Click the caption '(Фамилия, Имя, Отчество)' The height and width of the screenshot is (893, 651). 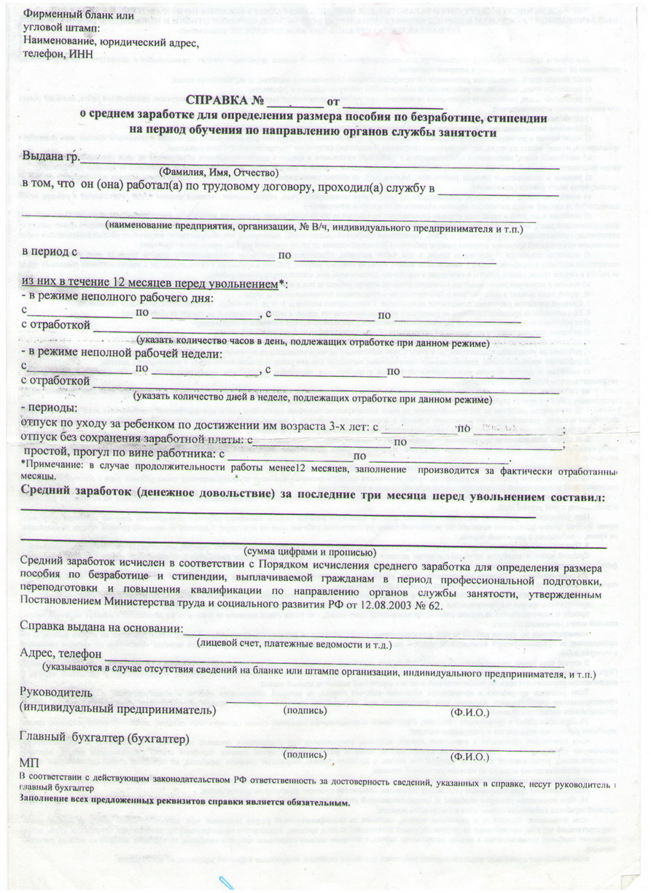pos(219,172)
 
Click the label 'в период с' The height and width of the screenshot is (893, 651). pos(50,253)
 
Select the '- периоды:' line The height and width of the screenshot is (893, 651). pos(48,407)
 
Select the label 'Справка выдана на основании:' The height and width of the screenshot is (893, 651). pos(101,628)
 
